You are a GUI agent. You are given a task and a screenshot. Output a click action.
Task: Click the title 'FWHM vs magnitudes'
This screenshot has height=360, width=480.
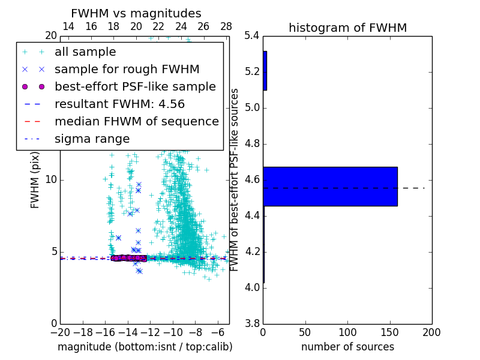click(x=136, y=13)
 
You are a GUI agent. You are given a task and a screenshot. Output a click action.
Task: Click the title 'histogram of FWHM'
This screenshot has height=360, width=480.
click(x=347, y=28)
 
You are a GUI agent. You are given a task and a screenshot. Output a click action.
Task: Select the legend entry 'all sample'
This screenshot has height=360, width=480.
click(x=85, y=52)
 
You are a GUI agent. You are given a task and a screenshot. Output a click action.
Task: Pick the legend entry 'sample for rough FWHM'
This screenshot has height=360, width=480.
click(x=127, y=70)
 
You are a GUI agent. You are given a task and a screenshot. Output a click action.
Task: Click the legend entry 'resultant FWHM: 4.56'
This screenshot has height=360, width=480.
click(x=119, y=104)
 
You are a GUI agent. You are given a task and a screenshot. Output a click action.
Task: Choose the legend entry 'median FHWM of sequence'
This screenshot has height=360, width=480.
click(x=136, y=121)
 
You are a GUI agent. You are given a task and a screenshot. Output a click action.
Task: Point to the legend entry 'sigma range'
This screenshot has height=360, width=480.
click(x=92, y=139)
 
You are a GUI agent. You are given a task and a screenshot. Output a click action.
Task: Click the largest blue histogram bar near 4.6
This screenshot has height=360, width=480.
click(x=330, y=187)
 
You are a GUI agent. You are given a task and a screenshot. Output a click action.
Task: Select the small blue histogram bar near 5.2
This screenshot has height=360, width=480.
click(x=265, y=71)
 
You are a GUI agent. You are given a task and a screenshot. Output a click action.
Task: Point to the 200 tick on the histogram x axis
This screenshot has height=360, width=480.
click(x=431, y=332)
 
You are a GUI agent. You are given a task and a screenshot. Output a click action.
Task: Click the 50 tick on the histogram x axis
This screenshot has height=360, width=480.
click(x=305, y=332)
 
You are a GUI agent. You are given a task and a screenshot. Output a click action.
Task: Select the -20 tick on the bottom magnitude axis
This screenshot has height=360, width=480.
click(x=60, y=332)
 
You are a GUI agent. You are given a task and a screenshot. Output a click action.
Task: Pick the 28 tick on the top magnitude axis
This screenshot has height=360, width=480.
click(x=226, y=26)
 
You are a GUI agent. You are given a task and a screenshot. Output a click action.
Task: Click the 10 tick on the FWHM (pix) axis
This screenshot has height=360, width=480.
click(x=51, y=180)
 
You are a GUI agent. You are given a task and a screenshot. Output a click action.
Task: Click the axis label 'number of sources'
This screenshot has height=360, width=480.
click(x=347, y=347)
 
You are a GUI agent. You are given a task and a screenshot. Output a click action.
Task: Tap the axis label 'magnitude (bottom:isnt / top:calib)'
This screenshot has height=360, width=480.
click(x=145, y=347)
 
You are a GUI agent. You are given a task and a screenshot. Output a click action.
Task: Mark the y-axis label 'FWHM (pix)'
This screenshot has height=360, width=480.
click(x=35, y=180)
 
